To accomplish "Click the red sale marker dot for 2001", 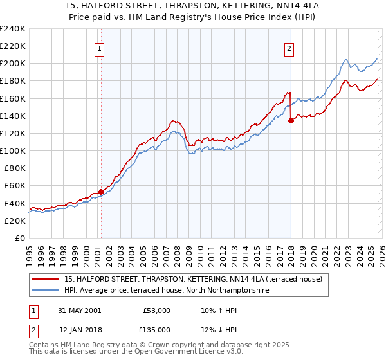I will point(102,192).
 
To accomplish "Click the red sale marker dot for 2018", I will point(291,120).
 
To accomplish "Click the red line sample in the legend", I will point(46,278).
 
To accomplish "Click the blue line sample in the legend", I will point(46,291).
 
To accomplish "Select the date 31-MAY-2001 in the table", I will point(80,310).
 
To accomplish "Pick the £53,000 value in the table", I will point(156,310).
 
